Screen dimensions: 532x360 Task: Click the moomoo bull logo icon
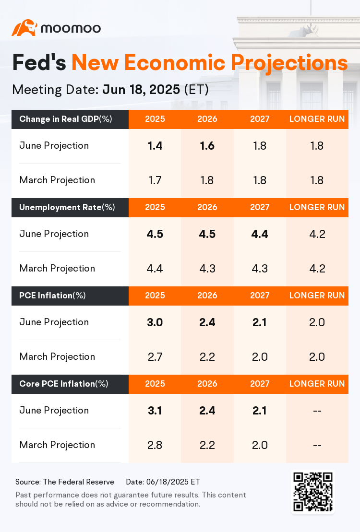click(x=24, y=28)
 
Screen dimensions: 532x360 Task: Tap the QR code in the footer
click(x=313, y=491)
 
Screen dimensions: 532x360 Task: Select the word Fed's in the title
click(x=39, y=63)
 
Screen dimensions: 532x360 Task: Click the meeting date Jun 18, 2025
click(x=142, y=90)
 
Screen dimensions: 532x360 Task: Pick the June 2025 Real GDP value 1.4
click(x=155, y=146)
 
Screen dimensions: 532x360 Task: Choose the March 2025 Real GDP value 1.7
click(x=155, y=180)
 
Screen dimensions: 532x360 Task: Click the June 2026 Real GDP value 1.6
click(x=207, y=146)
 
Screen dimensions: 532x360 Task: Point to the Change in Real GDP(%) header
click(x=66, y=119)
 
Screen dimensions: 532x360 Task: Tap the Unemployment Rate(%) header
click(x=67, y=208)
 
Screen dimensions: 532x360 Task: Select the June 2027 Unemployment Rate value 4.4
click(x=260, y=234)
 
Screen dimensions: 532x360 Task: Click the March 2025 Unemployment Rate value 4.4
click(x=155, y=269)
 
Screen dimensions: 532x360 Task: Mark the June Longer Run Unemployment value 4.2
click(x=317, y=234)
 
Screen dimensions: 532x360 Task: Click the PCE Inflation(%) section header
click(x=53, y=296)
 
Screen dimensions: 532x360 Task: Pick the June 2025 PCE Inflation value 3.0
click(x=155, y=322)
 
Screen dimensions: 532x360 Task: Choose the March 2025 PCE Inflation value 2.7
click(x=155, y=357)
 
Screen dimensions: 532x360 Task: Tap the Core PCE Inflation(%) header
click(x=64, y=384)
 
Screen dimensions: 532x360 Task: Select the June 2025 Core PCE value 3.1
click(x=155, y=411)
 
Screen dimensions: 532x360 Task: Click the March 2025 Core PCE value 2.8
click(x=155, y=445)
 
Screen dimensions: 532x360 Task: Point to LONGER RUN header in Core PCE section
click(x=317, y=384)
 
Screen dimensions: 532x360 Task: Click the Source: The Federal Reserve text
click(x=65, y=482)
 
